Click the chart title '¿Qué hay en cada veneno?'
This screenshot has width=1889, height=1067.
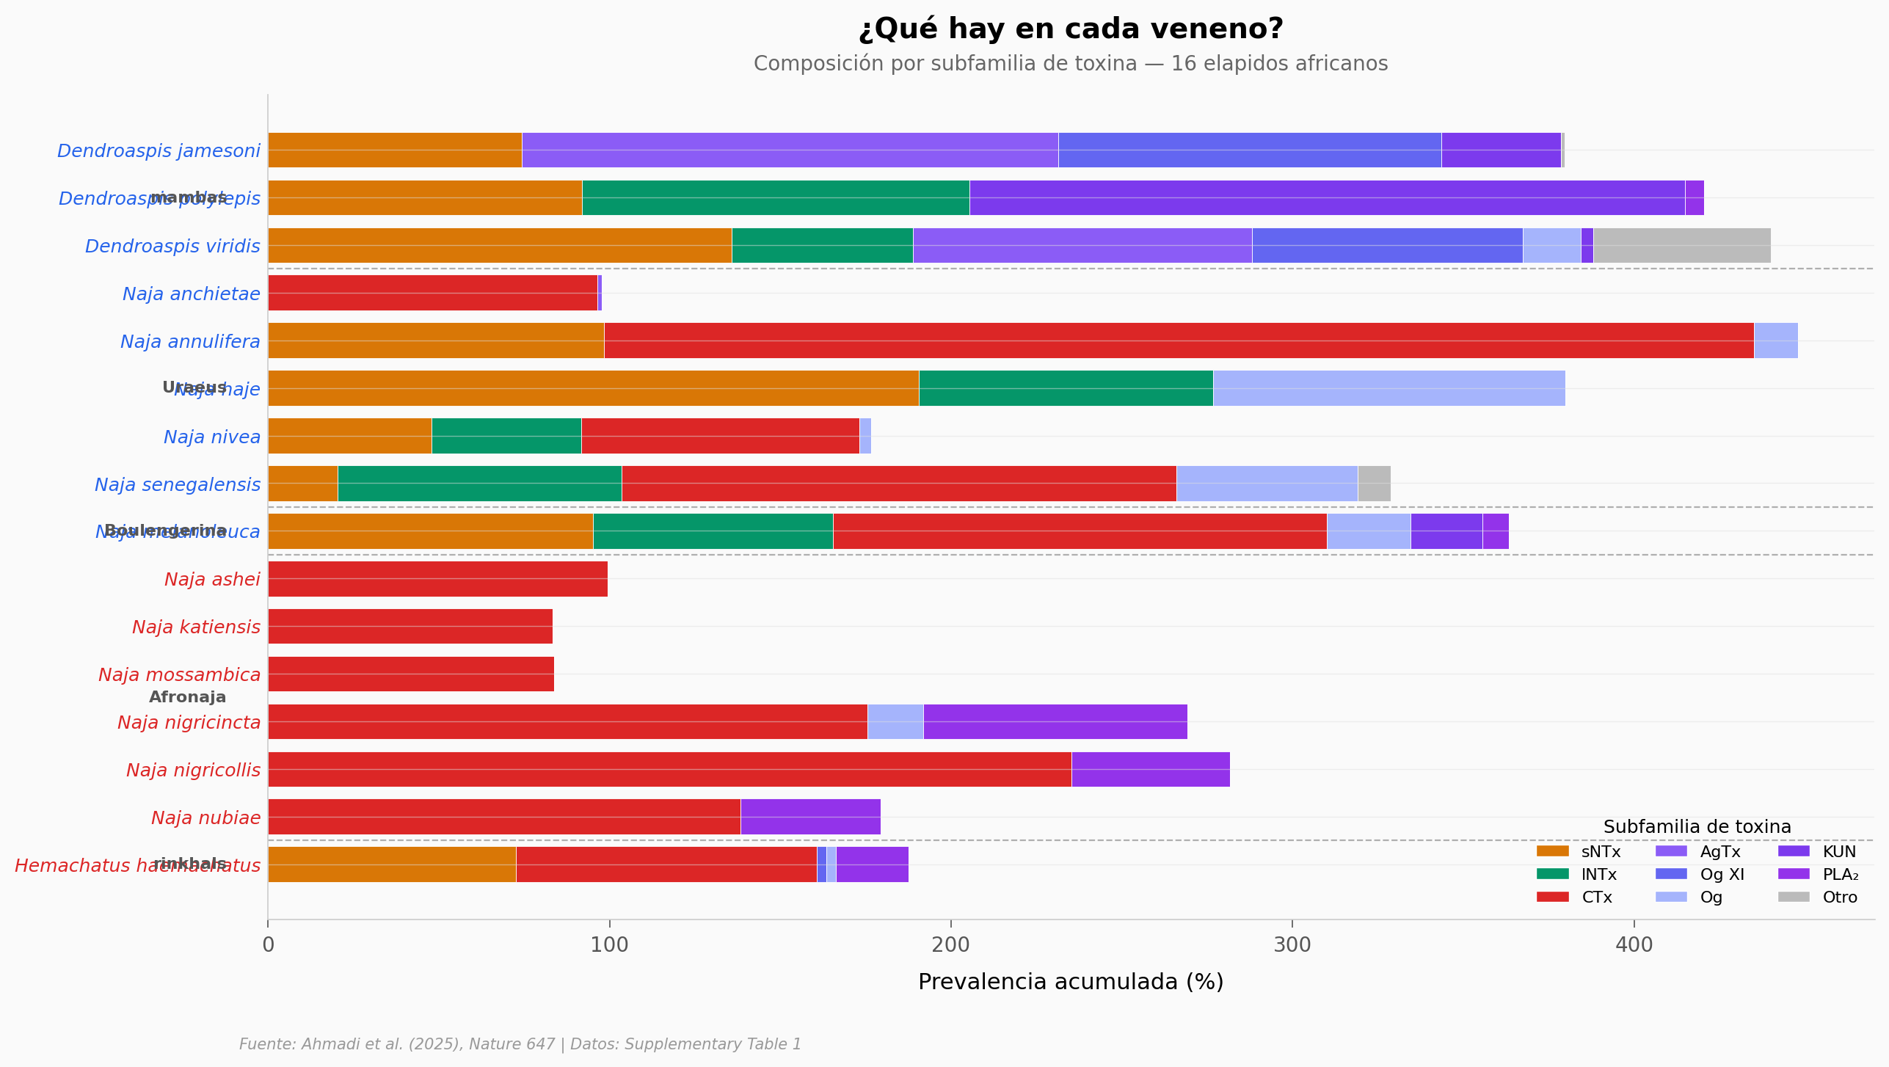1071,29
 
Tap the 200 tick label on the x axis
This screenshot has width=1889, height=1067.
950,945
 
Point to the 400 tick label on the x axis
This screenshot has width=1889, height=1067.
1634,945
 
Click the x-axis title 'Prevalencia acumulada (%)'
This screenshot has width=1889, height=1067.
1071,982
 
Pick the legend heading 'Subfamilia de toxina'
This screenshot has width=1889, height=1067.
1697,827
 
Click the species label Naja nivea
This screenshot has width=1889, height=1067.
211,437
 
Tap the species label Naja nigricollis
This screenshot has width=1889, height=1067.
193,771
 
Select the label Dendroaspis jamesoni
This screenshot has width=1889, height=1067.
159,151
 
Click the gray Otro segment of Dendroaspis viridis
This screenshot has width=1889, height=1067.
1681,246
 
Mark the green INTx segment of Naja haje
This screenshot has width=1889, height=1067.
1066,388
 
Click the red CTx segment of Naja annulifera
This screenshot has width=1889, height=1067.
1179,341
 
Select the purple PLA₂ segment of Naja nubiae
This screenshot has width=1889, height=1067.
810,817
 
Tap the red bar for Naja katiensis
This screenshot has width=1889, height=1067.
410,627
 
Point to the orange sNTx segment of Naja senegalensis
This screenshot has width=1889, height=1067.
302,484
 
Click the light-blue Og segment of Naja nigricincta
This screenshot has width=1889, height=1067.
895,722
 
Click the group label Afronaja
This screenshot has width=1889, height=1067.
187,697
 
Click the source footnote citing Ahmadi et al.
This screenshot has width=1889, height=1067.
520,1044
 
